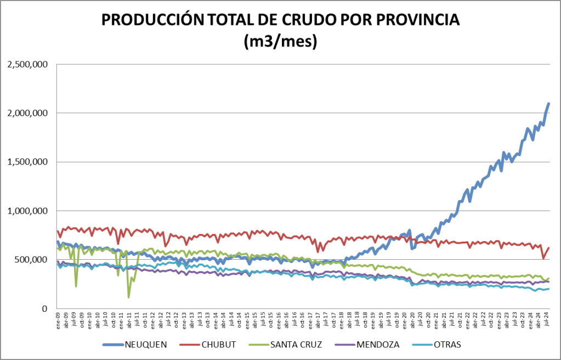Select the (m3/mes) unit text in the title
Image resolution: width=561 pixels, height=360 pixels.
[x=280, y=42]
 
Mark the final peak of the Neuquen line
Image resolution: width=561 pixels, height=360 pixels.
[x=548, y=104]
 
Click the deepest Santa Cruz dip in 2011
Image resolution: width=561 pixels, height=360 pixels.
[x=129, y=296]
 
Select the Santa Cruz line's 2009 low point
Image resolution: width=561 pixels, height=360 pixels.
[x=76, y=285]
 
